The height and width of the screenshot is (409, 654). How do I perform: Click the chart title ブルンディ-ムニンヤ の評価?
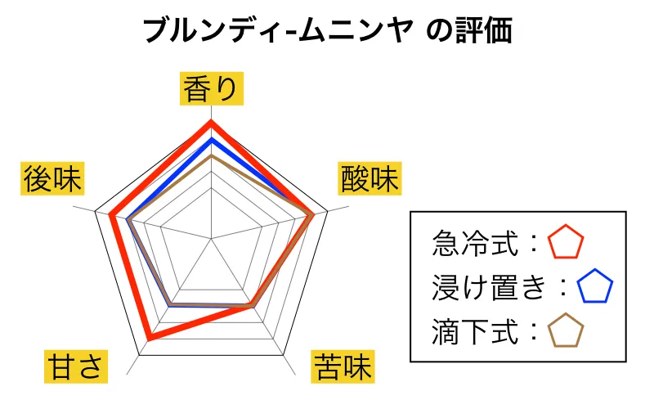[328, 30]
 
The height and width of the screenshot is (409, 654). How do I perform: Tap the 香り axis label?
[212, 88]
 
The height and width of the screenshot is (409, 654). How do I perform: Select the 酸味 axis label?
[370, 178]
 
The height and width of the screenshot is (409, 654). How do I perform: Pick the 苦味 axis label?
[343, 366]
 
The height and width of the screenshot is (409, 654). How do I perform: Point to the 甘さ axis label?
[76, 366]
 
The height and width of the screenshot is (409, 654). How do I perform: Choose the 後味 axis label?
[52, 178]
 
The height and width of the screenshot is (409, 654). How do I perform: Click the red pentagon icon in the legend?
[566, 242]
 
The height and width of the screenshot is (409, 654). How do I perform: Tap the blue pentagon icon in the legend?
[595, 286]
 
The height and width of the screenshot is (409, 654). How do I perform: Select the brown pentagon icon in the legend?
[566, 330]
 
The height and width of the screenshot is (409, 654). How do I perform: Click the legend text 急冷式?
[476, 243]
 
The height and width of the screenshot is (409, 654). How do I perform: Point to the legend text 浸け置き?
[489, 287]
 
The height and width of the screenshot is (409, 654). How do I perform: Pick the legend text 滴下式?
[476, 331]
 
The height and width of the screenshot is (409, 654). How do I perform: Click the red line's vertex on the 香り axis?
[212, 121]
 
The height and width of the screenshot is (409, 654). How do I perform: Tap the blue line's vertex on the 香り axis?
[212, 139]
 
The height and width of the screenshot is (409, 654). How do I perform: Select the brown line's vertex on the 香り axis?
[212, 156]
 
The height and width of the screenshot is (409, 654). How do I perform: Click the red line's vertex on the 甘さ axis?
[150, 337]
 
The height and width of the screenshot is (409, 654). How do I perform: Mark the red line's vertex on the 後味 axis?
[110, 215]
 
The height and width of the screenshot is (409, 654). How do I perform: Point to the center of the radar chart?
[212, 239]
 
